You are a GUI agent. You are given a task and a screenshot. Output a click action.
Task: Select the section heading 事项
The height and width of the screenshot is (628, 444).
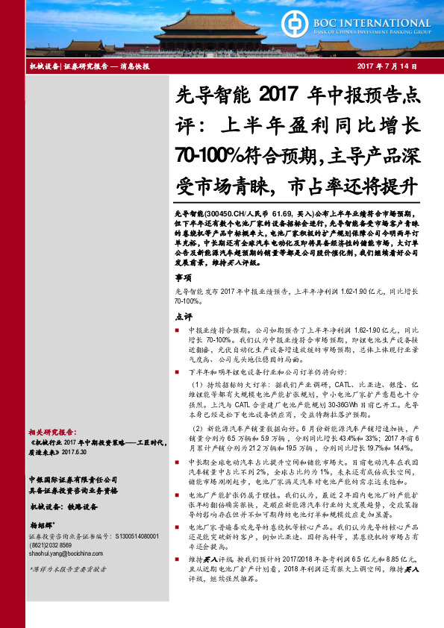184,277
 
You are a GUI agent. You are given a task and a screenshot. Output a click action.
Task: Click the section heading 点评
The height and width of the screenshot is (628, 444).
184,316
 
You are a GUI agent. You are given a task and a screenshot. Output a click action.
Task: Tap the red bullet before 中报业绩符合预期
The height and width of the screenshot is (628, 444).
178,329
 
